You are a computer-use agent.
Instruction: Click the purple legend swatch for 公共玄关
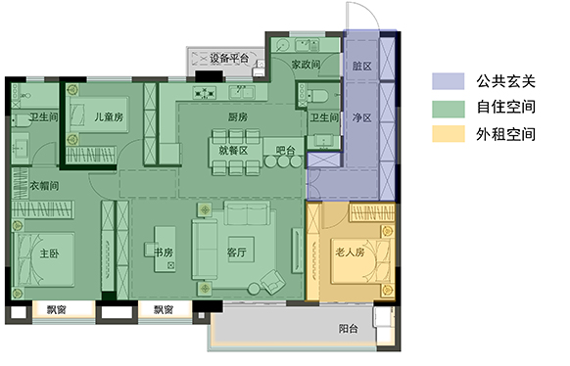point(449,81)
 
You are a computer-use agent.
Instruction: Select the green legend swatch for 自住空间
point(449,109)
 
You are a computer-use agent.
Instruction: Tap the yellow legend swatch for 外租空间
point(449,134)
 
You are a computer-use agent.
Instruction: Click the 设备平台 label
point(229,58)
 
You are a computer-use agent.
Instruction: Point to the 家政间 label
point(306,65)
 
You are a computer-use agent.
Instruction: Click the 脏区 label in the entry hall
point(361,67)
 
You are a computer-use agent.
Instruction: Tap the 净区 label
point(361,117)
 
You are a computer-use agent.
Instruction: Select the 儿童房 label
point(109,116)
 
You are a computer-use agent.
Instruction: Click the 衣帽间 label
point(44,186)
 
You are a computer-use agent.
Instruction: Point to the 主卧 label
point(49,253)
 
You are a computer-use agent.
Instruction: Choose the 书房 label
point(164,252)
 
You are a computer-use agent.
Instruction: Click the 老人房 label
point(350,252)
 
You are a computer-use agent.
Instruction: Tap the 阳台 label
point(349,329)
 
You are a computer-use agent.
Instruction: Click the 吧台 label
point(285,151)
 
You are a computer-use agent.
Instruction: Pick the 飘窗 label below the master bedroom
point(57,309)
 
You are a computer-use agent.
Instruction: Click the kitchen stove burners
point(205,93)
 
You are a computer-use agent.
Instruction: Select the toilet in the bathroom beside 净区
point(317,96)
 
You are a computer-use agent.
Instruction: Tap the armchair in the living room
point(273,282)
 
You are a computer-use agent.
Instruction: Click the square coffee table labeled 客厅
point(241,252)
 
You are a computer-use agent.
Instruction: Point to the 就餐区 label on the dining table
point(233,151)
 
